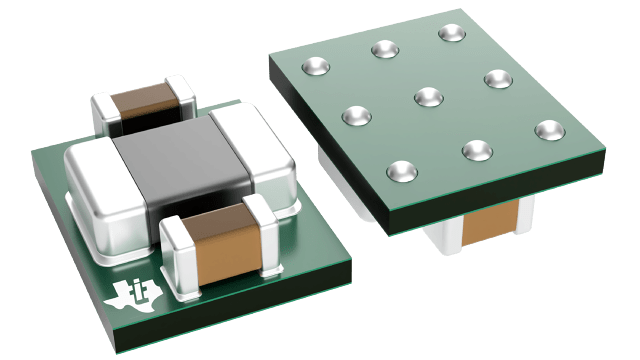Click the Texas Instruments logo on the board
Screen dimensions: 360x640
[128, 294]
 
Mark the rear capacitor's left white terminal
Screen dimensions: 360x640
[105, 112]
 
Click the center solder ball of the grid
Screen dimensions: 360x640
[428, 97]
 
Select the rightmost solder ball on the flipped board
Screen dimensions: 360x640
[548, 129]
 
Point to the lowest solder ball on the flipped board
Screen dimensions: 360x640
[401, 169]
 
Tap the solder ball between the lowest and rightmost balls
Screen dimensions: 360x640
[475, 149]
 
